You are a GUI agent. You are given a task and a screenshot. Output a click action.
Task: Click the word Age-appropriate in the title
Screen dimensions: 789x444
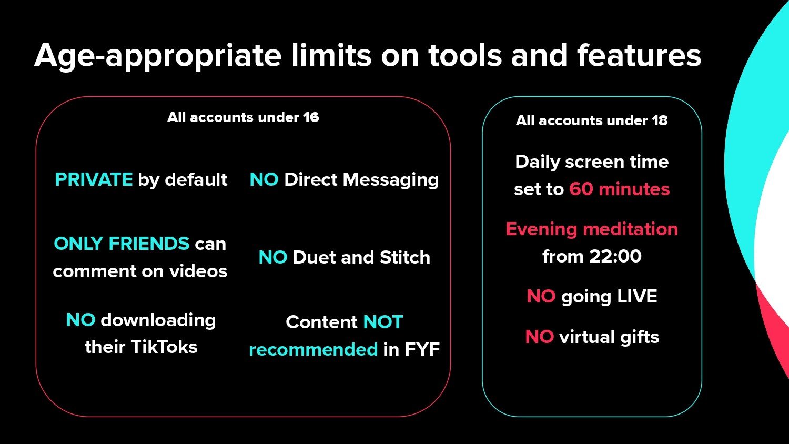coord(158,56)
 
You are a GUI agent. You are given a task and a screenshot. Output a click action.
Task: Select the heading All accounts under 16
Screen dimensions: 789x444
coord(243,117)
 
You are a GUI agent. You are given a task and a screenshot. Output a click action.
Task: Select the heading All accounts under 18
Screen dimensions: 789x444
coord(592,120)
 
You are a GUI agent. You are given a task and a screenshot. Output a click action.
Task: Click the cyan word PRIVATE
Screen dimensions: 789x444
coord(94,179)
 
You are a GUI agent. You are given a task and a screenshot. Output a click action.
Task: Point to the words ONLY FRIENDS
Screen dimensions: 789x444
coord(122,244)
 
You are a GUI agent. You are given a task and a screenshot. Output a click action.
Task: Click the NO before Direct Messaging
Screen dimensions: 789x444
coord(264,179)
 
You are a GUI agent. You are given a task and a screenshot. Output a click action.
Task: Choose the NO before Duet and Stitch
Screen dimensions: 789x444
coord(272,257)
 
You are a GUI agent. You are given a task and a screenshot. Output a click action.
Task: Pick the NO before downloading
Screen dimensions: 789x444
coord(80,320)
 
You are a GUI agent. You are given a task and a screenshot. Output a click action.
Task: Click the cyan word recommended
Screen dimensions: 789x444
coord(313,349)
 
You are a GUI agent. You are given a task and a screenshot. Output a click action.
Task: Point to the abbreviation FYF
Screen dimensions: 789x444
coord(422,349)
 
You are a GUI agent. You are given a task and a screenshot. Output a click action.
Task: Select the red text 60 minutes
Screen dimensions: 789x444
coord(620,189)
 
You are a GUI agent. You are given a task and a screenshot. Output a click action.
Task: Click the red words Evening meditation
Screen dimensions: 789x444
coord(592,229)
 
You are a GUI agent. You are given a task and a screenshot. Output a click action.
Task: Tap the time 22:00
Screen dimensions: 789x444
coord(615,256)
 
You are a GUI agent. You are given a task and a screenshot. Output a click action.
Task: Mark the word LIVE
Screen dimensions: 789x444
coord(637,296)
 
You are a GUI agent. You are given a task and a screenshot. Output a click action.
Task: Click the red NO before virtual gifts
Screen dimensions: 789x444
coord(539,337)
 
